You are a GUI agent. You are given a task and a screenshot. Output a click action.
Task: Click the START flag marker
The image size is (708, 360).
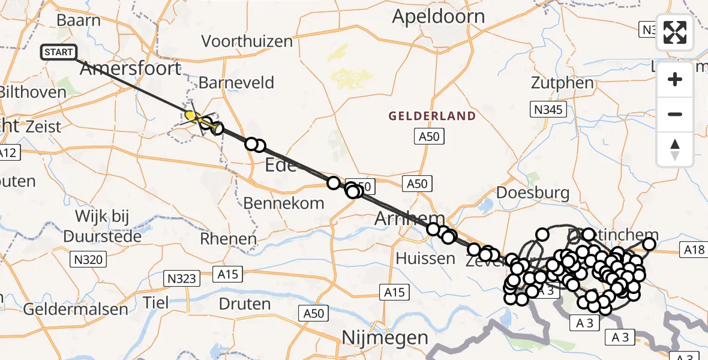click(x=58, y=53)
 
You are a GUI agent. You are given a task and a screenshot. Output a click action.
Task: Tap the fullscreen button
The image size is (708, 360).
click(x=675, y=32)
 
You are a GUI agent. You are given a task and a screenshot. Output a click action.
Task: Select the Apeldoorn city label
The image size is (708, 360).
click(x=438, y=16)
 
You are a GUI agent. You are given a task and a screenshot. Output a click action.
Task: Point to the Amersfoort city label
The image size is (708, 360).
click(x=130, y=68)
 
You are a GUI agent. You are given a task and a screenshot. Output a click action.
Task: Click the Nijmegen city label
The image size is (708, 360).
click(x=385, y=337)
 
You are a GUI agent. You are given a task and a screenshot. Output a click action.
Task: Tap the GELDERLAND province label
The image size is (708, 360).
click(x=432, y=116)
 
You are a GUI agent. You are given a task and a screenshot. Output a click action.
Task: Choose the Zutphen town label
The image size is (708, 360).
click(x=562, y=83)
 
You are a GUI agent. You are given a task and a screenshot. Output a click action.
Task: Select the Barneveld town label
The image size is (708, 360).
click(x=236, y=82)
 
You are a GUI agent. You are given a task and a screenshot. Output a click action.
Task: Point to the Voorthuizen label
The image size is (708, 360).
click(x=247, y=41)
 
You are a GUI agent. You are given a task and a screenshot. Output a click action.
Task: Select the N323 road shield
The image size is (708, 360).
click(x=180, y=278)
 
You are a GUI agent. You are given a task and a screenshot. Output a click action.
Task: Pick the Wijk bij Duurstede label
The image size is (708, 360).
click(x=109, y=226)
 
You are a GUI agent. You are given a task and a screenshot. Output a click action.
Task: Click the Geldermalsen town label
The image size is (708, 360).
click(x=76, y=310)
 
